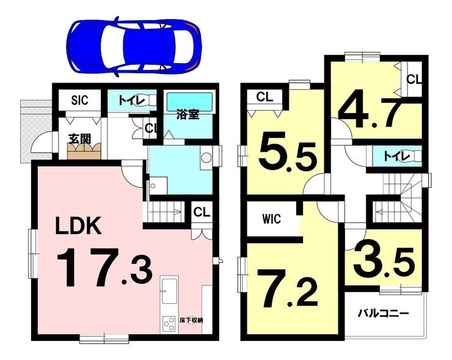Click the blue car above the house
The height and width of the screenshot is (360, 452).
point(134,46)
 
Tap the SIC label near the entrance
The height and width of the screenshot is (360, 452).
point(79,100)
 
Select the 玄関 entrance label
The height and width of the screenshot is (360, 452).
point(80,139)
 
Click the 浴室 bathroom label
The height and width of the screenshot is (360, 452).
point(188,115)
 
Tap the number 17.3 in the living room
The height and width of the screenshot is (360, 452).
point(104,268)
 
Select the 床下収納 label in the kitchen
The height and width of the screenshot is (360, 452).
point(191,320)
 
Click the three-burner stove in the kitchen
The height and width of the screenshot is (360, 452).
point(169,325)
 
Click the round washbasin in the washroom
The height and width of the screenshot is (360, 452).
point(206,158)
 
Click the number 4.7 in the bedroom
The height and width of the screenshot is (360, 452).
point(370,109)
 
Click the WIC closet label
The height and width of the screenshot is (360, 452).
point(272,219)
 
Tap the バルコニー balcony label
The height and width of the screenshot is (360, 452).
point(383,313)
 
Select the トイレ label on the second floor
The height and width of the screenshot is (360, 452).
point(397,156)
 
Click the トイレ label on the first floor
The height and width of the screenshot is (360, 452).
point(131,100)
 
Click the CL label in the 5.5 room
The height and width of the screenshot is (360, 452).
point(264,97)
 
